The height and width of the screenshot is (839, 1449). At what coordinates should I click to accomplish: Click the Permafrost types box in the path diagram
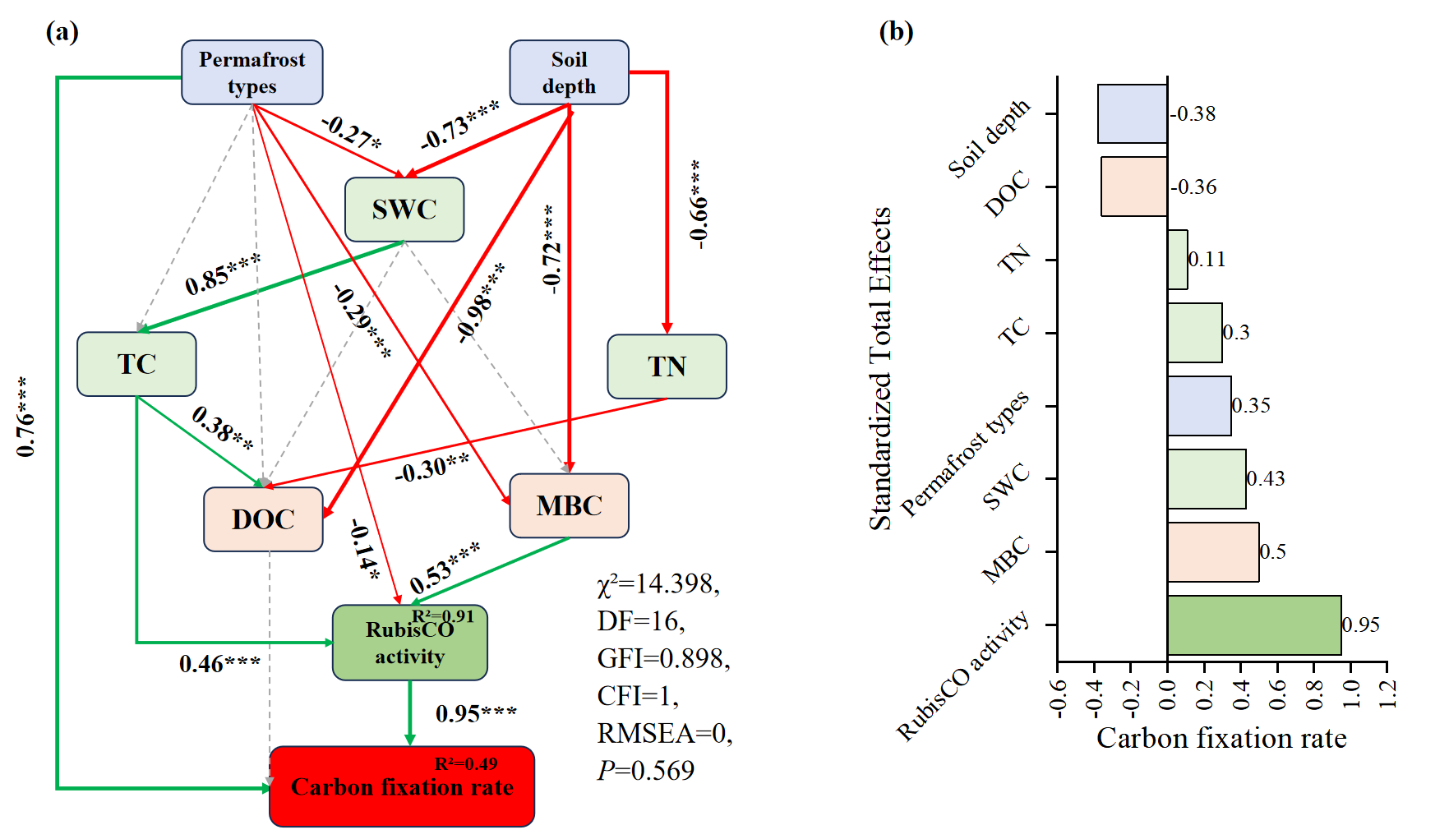251,72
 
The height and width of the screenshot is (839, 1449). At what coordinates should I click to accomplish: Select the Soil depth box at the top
569,72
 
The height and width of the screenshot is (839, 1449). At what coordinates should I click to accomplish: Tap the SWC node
404,210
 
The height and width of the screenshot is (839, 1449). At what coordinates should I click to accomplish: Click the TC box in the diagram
136,364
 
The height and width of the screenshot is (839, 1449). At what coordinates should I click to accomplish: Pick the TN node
667,366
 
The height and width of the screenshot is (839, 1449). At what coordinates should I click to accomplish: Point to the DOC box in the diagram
263,519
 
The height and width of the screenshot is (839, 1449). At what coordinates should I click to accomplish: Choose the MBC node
569,505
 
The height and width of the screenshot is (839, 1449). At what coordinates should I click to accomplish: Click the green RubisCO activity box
409,643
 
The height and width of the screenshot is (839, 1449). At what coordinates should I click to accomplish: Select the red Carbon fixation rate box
402,786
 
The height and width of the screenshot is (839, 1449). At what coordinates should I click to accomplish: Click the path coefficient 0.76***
25,417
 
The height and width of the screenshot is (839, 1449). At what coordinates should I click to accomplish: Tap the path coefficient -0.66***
698,205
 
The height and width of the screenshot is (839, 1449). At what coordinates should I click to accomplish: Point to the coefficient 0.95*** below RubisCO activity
476,713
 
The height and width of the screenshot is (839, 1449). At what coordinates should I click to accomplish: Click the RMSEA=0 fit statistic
664,733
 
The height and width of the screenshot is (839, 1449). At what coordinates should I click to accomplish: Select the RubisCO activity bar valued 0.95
1253,625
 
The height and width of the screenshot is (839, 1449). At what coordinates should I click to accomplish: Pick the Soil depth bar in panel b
1132,113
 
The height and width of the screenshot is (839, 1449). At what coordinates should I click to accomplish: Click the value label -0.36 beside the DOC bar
1193,187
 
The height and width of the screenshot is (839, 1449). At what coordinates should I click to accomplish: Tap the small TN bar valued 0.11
1177,260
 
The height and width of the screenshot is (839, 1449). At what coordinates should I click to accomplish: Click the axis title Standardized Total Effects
880,368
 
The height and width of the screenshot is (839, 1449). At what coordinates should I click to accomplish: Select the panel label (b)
896,31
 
